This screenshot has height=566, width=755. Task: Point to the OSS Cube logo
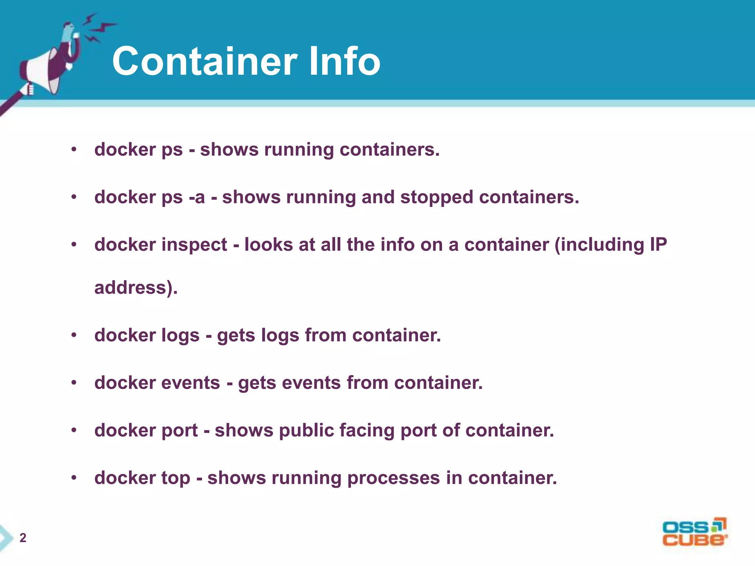click(x=695, y=532)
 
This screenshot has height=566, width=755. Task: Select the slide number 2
click(x=23, y=538)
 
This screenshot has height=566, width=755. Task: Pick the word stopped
click(x=436, y=198)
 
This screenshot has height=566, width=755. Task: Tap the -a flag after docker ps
click(x=197, y=198)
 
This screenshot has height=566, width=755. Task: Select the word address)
click(x=136, y=288)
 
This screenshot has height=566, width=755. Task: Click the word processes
click(x=393, y=478)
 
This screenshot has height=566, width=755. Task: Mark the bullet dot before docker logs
click(x=74, y=335)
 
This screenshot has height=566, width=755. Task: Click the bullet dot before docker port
click(x=74, y=430)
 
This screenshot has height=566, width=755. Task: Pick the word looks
click(x=268, y=245)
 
